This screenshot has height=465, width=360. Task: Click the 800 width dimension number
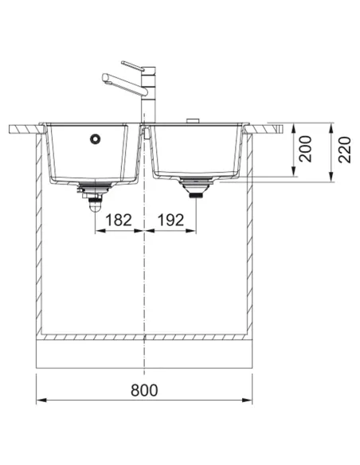coord(144,390)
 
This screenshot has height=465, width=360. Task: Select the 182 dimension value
coord(119,219)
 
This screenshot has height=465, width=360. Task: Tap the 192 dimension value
coord(169,219)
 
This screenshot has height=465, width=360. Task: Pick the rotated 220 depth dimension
coord(344,148)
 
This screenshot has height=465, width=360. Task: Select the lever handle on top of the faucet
coord(131,63)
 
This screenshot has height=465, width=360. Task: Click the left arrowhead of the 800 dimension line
coord(41,400)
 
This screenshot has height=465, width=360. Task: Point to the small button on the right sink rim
coord(192,122)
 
